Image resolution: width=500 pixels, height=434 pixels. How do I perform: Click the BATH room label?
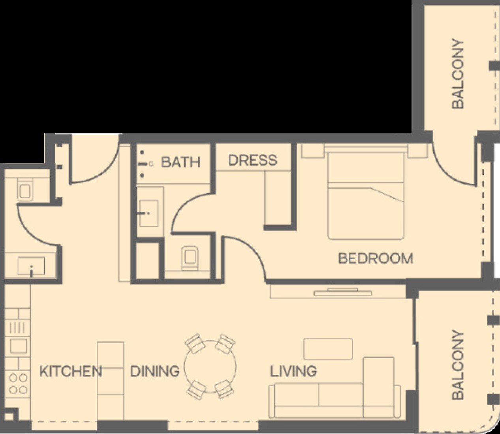point(181,162)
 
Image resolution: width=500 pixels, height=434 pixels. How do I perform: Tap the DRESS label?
point(253,160)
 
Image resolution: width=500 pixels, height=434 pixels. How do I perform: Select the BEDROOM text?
point(376,258)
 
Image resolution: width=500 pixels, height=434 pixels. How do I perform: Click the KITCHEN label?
point(71,371)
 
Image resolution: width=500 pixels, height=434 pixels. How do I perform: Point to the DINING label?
point(155,371)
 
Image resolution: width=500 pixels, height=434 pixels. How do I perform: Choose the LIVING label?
point(293,371)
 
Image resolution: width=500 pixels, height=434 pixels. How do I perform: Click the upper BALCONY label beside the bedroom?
point(458,73)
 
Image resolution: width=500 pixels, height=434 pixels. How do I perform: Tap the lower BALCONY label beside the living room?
point(458,365)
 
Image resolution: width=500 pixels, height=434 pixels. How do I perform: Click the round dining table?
point(210,367)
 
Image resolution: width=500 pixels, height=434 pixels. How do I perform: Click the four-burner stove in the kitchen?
point(18,384)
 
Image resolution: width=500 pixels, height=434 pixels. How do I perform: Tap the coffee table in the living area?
point(328,349)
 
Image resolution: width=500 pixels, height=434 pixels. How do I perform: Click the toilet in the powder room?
point(25,189)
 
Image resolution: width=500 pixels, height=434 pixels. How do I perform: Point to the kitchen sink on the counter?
point(18,345)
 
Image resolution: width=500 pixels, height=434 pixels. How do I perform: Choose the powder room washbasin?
point(31,266)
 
